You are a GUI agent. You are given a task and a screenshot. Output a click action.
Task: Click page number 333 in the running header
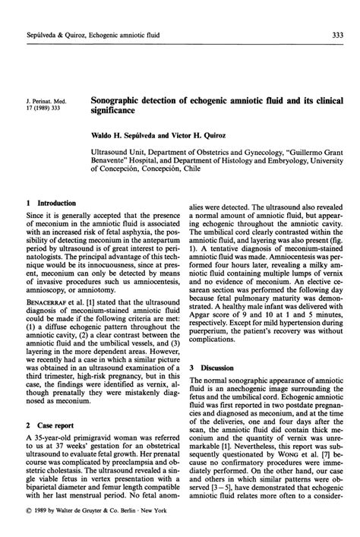point(335,37)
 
